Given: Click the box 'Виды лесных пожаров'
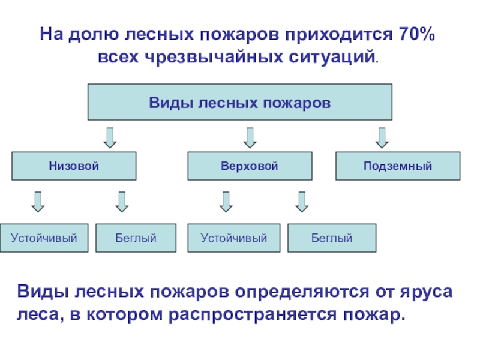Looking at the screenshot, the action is pyautogui.click(x=239, y=102).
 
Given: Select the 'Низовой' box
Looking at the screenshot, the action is pyautogui.click(x=74, y=166).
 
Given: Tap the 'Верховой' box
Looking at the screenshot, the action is pyautogui.click(x=250, y=166).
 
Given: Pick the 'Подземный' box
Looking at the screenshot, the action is pyautogui.click(x=398, y=166).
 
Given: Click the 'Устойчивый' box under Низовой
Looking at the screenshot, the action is pyautogui.click(x=44, y=238).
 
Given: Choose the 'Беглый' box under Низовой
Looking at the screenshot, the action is pyautogui.click(x=136, y=238).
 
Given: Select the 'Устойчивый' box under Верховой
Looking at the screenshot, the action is pyautogui.click(x=234, y=238).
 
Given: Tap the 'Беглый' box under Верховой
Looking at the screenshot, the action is pyautogui.click(x=332, y=238).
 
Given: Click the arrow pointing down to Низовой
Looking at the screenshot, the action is pyautogui.click(x=110, y=138).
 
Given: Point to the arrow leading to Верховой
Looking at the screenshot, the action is pyautogui.click(x=250, y=138).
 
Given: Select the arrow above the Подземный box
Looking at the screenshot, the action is pyautogui.click(x=382, y=138).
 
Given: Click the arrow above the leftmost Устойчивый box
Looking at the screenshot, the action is pyautogui.click(x=38, y=202).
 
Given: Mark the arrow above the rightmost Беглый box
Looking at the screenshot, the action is pyautogui.click(x=302, y=202).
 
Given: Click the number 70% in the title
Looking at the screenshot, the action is pyautogui.click(x=416, y=34).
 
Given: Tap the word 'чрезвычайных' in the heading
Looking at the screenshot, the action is pyautogui.click(x=214, y=57).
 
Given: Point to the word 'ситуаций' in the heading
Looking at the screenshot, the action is pyautogui.click(x=332, y=57).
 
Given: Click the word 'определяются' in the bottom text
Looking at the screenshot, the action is pyautogui.click(x=302, y=292).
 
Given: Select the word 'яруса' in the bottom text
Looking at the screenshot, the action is pyautogui.click(x=426, y=292).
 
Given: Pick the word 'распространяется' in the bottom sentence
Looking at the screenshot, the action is pyautogui.click(x=253, y=315).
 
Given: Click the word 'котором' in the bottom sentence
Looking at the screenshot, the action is pyautogui.click(x=124, y=314).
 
